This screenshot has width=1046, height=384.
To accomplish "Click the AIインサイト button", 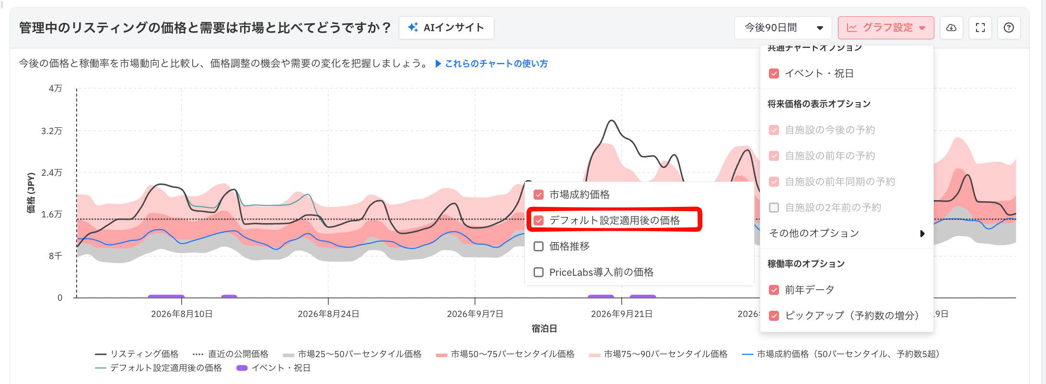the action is click(446, 28).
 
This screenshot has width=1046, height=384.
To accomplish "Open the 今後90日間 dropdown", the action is click(784, 28).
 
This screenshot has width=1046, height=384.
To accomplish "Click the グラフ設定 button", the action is click(886, 28).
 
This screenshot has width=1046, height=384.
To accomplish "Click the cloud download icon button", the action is click(952, 28).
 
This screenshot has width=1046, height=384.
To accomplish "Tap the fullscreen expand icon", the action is click(980, 28).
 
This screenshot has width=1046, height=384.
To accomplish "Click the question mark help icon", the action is click(1009, 28).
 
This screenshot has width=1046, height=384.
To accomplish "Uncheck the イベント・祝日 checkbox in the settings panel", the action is click(774, 74).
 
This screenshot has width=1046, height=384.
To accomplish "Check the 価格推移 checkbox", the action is click(539, 247).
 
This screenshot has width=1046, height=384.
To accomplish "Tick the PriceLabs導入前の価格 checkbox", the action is click(539, 272).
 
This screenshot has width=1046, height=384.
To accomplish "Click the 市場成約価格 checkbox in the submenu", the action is click(539, 195).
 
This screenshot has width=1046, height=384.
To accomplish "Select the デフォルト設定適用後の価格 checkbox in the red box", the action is click(539, 221).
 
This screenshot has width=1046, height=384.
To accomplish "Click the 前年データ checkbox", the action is click(774, 290).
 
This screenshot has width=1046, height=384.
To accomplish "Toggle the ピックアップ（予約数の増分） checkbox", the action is click(774, 316).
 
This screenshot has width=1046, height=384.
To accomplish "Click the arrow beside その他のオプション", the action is click(922, 234).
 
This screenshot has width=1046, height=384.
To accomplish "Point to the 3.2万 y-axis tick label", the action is click(52, 131).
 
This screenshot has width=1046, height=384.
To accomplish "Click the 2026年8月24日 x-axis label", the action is click(328, 314).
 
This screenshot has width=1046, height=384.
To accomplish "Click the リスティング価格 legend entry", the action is click(137, 354).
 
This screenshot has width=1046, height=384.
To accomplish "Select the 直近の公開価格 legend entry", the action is click(231, 354).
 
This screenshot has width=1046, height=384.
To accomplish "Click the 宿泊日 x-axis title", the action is click(544, 329).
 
